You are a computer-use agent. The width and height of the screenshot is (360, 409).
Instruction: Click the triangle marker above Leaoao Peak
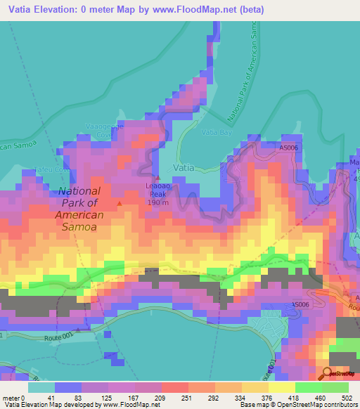tap(157, 177)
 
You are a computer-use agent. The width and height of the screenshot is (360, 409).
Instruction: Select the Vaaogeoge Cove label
tap(104, 128)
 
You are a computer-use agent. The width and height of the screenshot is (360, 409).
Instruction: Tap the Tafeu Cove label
tap(34, 169)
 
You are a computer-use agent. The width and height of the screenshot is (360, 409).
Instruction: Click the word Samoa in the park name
tap(79, 228)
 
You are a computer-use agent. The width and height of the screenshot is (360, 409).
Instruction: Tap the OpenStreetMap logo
tap(340, 374)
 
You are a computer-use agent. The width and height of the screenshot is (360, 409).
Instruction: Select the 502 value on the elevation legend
tap(345, 398)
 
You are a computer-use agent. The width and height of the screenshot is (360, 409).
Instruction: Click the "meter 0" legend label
tap(14, 398)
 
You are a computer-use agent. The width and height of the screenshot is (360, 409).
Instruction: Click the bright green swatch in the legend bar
tap(308, 387)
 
